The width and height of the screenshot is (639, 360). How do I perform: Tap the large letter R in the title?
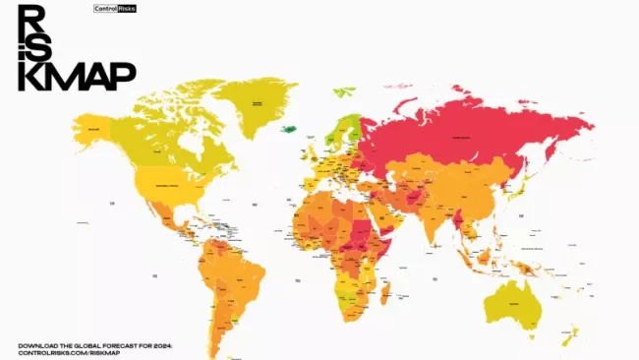pyautogui.click(x=32, y=19)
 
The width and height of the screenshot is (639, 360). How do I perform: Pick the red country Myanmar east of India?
pyautogui.click(x=459, y=218)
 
